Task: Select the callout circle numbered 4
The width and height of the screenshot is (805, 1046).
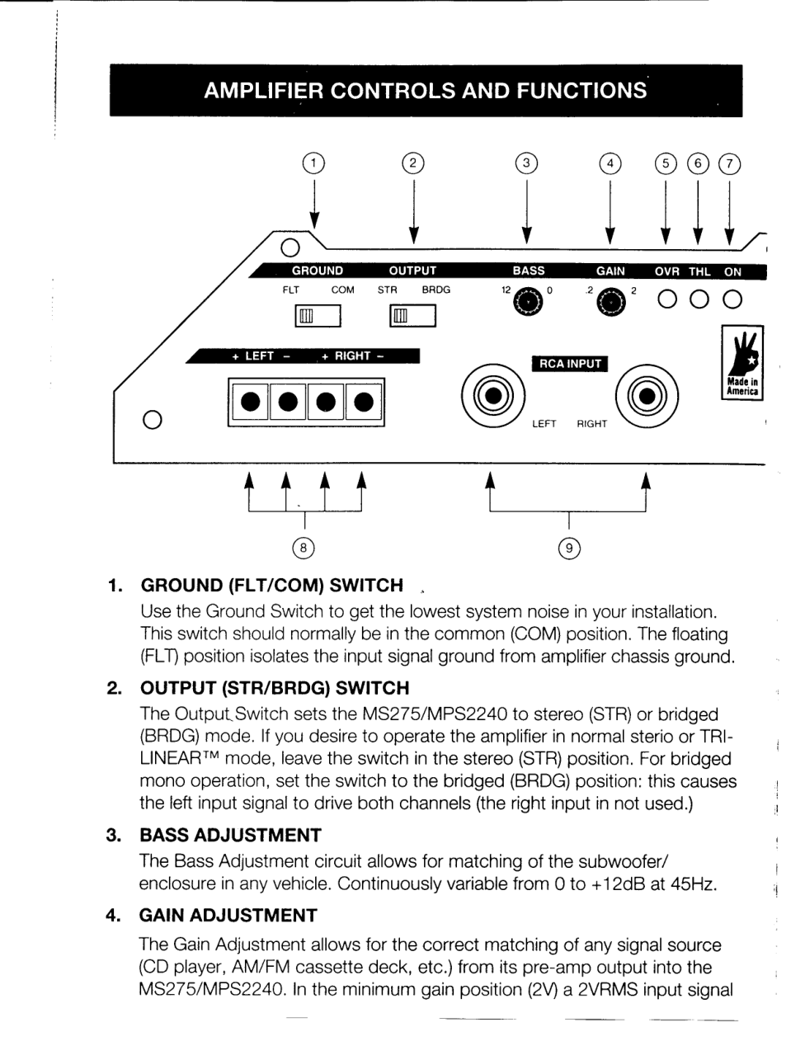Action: coord(610,163)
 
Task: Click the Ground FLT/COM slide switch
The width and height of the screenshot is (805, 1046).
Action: coord(317,315)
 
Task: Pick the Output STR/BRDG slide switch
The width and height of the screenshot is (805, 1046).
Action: coord(412,315)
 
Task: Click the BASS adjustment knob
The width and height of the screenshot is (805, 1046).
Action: coord(528,303)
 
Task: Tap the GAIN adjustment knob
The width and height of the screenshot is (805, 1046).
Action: coord(610,303)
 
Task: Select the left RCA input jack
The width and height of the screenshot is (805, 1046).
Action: coord(492,397)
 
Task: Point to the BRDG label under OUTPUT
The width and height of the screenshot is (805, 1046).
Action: coord(436,290)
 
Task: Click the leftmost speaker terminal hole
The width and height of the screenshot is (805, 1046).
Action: coord(248,403)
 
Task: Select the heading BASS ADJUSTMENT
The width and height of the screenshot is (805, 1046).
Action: coord(231,835)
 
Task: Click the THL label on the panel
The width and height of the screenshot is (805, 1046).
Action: coord(699,271)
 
